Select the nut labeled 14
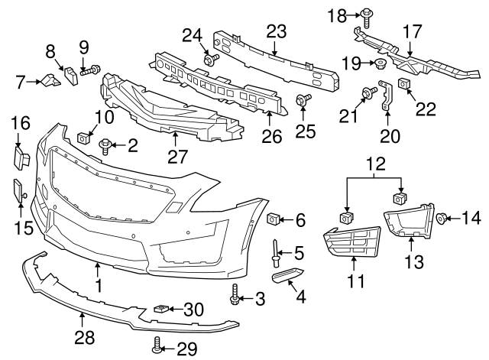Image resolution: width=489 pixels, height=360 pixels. [x=442, y=219]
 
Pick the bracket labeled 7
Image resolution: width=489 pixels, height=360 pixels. [x=52, y=79]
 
